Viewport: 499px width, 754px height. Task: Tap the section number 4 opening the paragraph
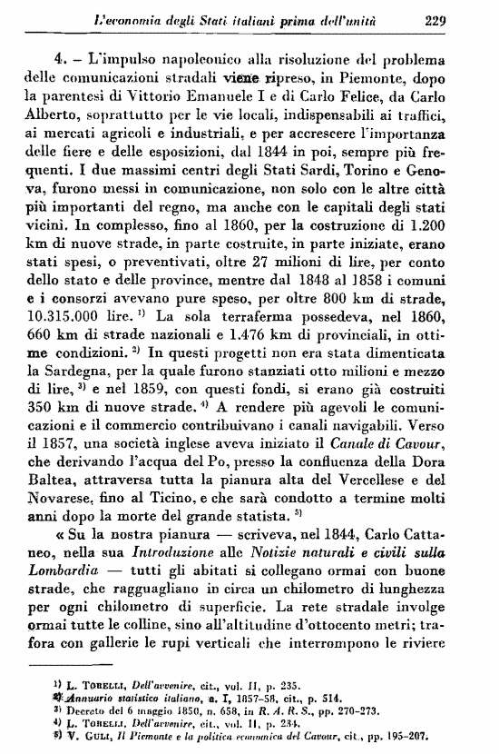[62, 58]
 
